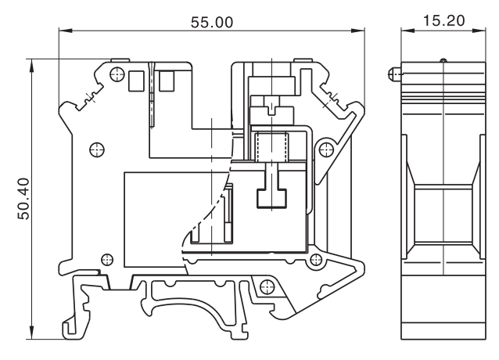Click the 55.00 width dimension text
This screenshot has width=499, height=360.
(x=213, y=21)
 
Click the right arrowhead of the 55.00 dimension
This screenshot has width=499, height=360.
(x=361, y=31)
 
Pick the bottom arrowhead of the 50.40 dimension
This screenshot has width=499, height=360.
(x=31, y=335)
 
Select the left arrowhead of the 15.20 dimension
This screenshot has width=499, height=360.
(x=404, y=31)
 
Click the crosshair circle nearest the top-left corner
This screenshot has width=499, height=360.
(x=117, y=74)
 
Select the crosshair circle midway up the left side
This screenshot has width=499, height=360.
(x=97, y=148)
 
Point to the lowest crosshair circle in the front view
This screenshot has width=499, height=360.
(x=315, y=260)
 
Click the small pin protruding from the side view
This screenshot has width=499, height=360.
(x=393, y=75)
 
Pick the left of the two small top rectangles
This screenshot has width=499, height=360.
(x=136, y=80)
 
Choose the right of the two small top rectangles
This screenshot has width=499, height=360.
(x=167, y=80)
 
